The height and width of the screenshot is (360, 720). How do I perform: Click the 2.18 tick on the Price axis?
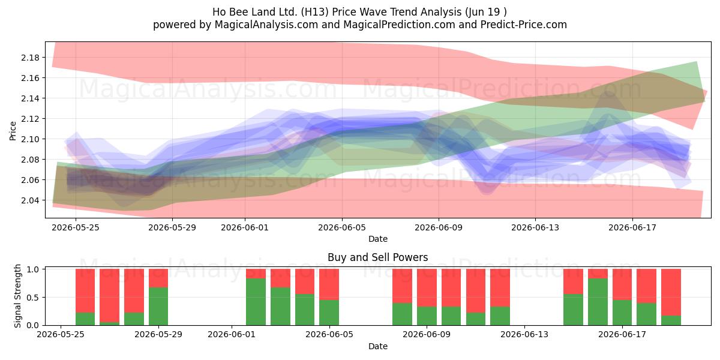(x=30, y=58)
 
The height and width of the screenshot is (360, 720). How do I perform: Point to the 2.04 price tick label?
(x=30, y=200)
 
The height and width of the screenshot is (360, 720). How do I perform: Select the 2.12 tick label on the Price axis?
(x=30, y=119)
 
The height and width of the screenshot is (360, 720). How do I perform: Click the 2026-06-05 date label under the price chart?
(x=342, y=227)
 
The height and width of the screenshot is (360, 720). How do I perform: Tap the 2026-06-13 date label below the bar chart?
(x=524, y=334)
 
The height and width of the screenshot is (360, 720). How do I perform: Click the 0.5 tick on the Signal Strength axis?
(x=33, y=298)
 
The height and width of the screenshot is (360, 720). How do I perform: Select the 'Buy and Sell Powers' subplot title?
(x=377, y=257)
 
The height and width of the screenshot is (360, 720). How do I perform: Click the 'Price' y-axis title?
(x=13, y=131)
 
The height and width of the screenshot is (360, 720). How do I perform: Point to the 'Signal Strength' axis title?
(x=17, y=296)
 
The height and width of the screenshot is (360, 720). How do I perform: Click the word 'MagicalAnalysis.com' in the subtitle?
(x=266, y=25)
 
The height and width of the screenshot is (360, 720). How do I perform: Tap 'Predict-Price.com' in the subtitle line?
(x=524, y=25)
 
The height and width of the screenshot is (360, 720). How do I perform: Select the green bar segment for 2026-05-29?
(x=158, y=307)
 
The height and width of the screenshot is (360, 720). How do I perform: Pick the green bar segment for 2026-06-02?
(x=256, y=302)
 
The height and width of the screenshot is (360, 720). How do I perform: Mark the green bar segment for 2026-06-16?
(x=598, y=302)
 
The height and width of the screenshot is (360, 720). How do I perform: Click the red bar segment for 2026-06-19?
(x=671, y=292)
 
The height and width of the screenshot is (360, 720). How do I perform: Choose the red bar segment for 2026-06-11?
(x=476, y=290)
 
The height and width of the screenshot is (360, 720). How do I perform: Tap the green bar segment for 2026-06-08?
(x=403, y=314)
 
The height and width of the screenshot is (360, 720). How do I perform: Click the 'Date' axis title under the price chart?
(x=377, y=239)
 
